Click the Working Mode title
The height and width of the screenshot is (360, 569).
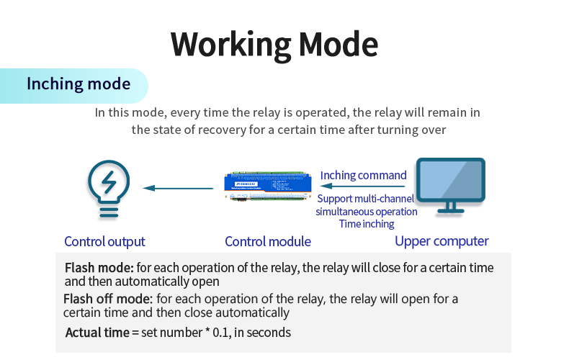[x=274, y=44]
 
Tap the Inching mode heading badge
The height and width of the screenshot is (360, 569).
[x=78, y=84]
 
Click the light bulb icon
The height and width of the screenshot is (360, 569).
[x=109, y=189]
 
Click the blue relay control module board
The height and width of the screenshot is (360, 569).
[x=268, y=189]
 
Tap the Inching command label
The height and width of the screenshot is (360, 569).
[x=363, y=175]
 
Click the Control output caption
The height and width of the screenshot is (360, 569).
[x=104, y=242]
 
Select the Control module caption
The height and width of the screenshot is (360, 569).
[x=268, y=242]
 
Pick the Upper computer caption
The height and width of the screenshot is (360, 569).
[x=442, y=241]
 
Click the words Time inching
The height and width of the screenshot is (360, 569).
[x=367, y=224]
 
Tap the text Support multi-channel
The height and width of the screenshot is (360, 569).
[x=366, y=199]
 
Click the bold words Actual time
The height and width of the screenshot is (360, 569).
[x=97, y=333]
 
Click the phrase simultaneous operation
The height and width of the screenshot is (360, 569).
[x=366, y=212]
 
